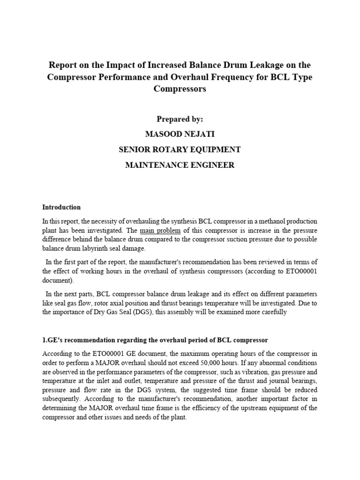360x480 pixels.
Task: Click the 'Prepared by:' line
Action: [x=180, y=120]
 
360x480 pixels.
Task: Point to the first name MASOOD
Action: [x=163, y=135]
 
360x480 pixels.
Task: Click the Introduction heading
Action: [x=61, y=207]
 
